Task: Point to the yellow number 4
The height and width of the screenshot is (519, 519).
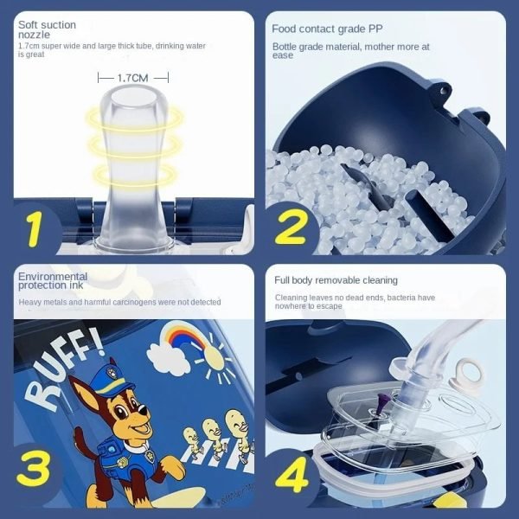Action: click(292, 475)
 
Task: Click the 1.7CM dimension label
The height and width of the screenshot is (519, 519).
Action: click(132, 78)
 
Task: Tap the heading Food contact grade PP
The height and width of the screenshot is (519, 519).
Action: click(327, 29)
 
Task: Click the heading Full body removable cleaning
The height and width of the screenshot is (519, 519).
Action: click(336, 280)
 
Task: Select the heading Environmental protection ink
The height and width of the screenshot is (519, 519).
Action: click(53, 280)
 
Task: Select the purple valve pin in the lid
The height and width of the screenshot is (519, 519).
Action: click(380, 405)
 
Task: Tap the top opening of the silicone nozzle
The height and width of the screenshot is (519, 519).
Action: click(133, 97)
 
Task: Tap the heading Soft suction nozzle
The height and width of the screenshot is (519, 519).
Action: click(47, 29)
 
